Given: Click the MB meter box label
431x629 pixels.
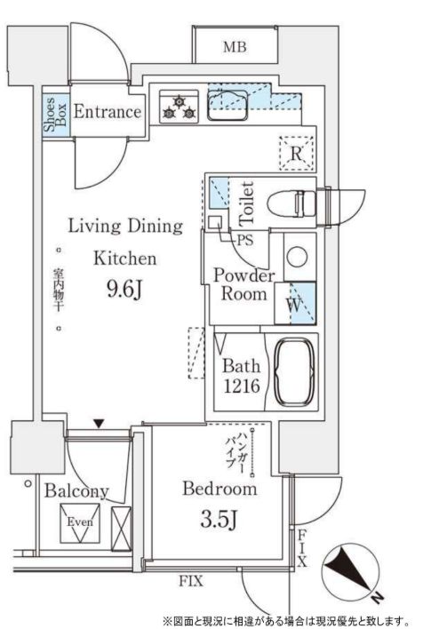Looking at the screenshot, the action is tap(235, 47).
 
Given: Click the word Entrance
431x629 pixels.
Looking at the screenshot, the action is tap(108, 112).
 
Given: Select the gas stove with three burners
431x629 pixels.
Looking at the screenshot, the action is tap(179, 107).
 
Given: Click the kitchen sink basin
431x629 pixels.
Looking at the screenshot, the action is tap(227, 105).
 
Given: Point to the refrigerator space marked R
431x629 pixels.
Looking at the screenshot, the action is tap(297, 154).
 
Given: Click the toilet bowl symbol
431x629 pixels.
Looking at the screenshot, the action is tap(291, 203).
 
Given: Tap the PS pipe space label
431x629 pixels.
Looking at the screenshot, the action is tap(245, 240).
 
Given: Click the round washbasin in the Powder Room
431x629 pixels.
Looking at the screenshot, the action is tap(298, 257).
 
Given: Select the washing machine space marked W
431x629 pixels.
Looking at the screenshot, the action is tap(295, 304).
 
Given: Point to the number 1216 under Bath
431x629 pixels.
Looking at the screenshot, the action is tap(242, 386).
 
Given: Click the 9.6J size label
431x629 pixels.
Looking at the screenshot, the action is tap(124, 289).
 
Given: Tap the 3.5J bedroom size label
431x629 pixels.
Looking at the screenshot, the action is tap(219, 520).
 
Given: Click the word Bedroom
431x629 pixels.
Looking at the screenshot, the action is tap(219, 489).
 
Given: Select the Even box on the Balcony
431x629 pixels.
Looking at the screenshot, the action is tap(80, 523).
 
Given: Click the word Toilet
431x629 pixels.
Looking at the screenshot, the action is tap(247, 203).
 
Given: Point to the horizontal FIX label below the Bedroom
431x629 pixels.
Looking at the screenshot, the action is tap(191, 581).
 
